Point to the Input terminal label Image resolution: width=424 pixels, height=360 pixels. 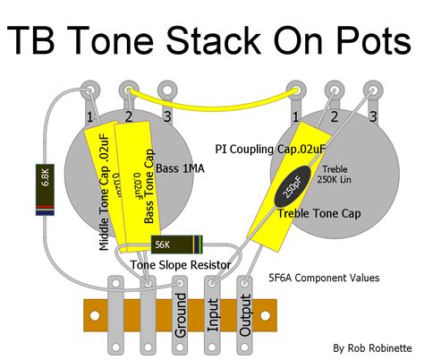(213, 314)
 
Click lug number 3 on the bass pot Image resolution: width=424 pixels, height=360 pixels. (166, 92)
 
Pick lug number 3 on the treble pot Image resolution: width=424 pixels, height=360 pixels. (371, 92)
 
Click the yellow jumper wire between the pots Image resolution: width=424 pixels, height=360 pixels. (211, 96)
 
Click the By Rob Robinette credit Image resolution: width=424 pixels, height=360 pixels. (373, 347)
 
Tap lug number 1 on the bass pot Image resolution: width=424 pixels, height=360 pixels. (89, 92)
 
